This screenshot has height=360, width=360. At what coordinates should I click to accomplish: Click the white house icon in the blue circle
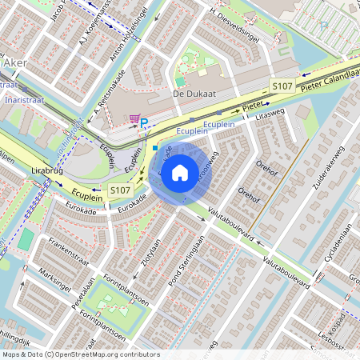click(x=180, y=172)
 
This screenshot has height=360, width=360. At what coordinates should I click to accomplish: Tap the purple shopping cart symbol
click(x=134, y=119)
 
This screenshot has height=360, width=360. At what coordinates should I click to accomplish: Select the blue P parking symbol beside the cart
click(x=144, y=122)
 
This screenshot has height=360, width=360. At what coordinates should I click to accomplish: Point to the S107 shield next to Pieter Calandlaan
click(x=281, y=85)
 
